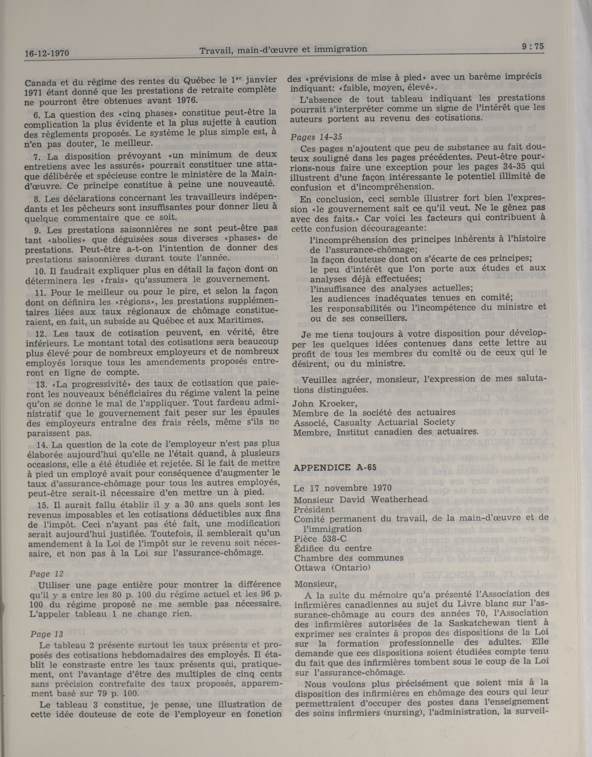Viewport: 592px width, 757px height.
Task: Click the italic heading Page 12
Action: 45,574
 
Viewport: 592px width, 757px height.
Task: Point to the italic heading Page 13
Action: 46,634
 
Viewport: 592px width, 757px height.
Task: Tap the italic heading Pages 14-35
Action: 316,137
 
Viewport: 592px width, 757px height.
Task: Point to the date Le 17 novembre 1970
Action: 342,488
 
